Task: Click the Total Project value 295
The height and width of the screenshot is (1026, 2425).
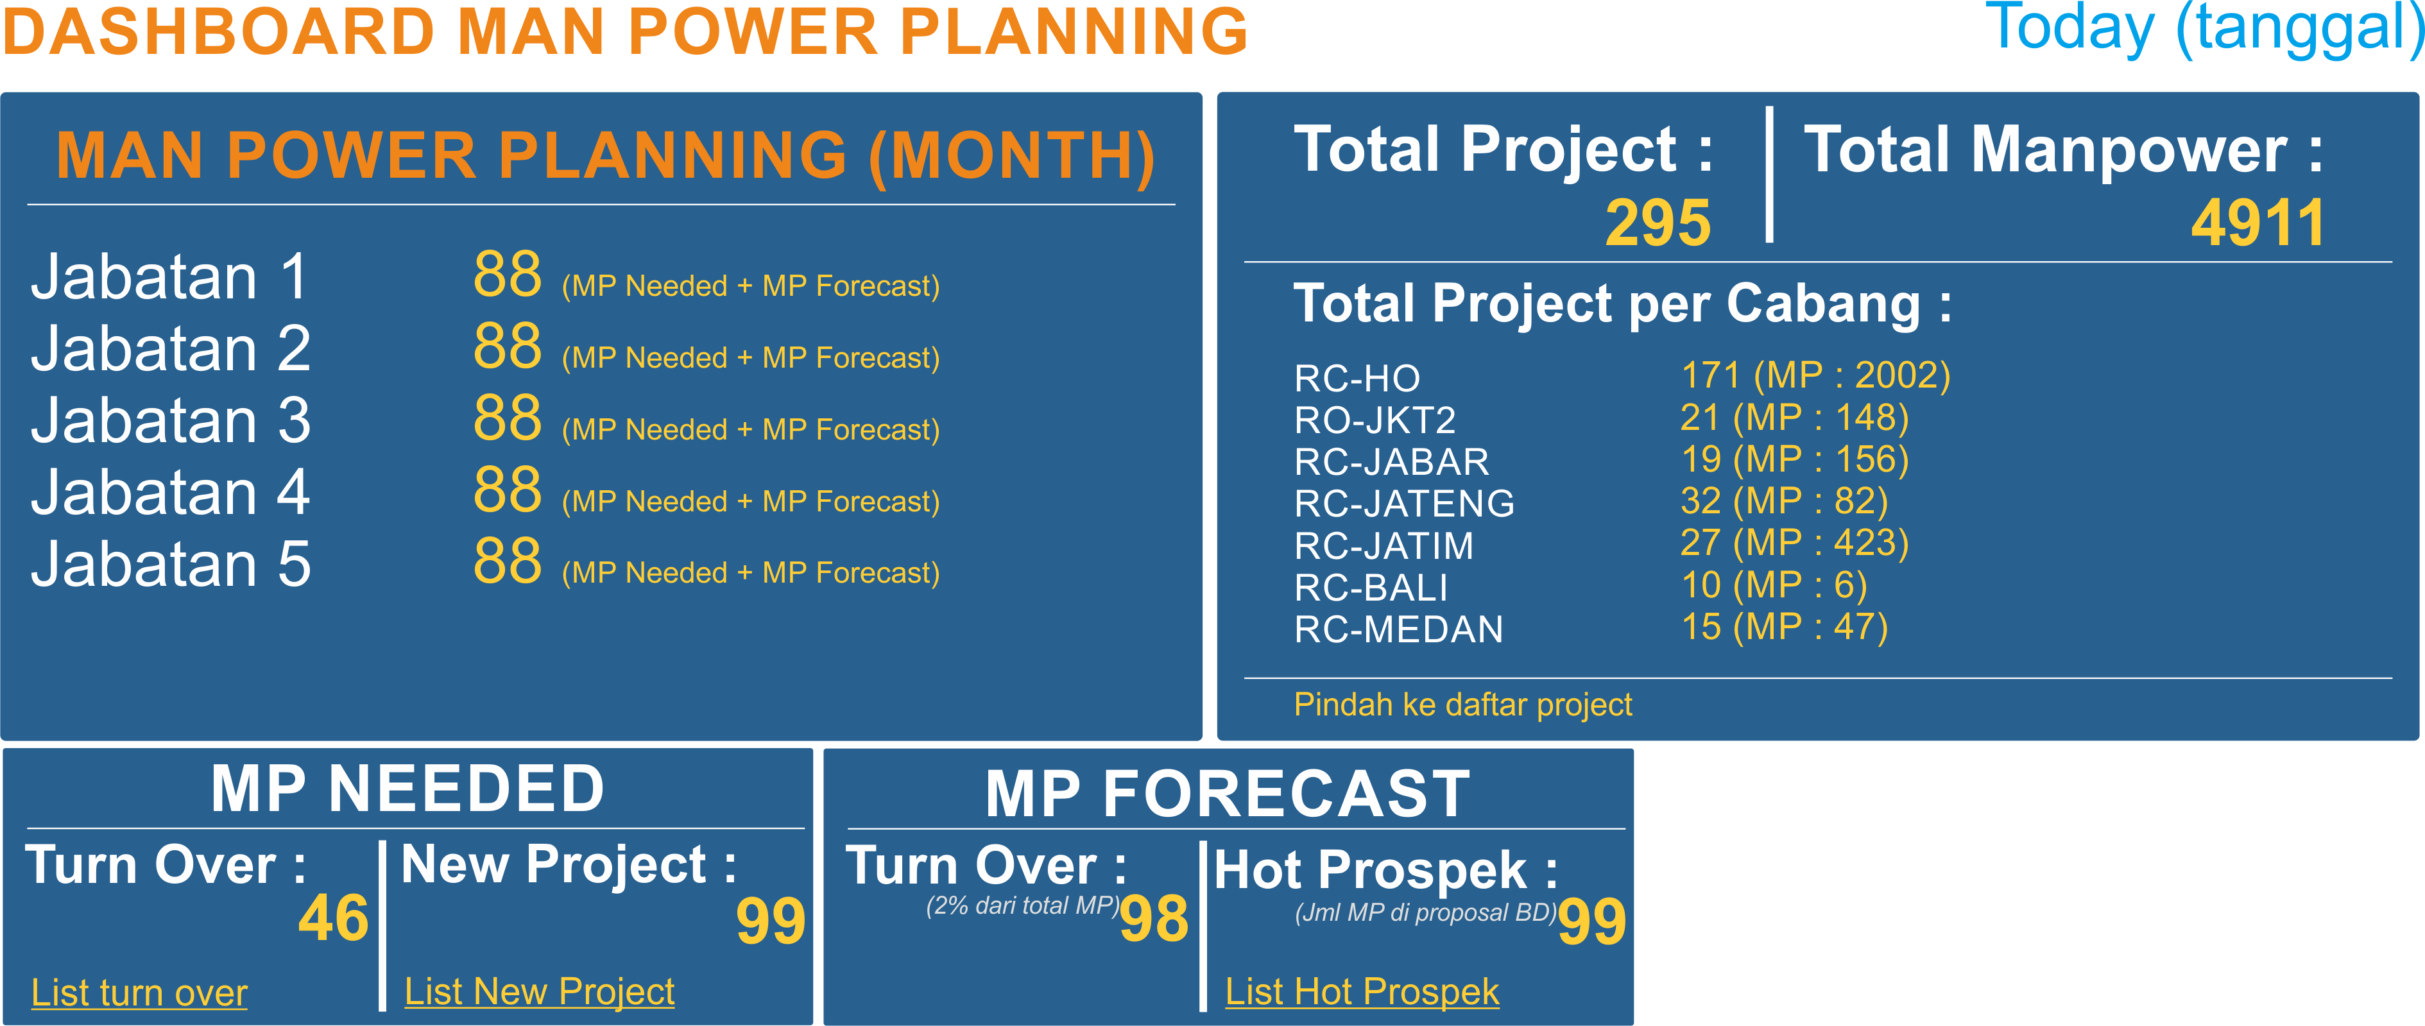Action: (x=1658, y=223)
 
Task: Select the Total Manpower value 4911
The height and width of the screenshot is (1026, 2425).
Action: (x=2258, y=223)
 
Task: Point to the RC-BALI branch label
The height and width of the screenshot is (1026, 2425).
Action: (x=1371, y=587)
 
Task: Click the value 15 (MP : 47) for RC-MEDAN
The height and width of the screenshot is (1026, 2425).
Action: (x=1784, y=627)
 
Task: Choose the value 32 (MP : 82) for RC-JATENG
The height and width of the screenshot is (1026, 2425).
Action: (x=1784, y=500)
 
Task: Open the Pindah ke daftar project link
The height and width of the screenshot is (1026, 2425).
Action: (x=1463, y=704)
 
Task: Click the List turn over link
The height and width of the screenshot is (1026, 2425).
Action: (x=139, y=992)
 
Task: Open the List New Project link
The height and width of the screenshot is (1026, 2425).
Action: (x=540, y=991)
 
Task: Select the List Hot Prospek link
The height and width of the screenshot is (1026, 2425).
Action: (x=1362, y=991)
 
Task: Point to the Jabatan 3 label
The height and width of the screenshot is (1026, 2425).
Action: (x=171, y=420)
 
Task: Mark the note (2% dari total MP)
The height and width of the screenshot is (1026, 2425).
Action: (x=1022, y=905)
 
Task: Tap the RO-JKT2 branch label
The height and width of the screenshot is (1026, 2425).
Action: (x=1375, y=420)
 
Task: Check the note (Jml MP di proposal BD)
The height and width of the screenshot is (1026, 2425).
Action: (x=1425, y=912)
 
